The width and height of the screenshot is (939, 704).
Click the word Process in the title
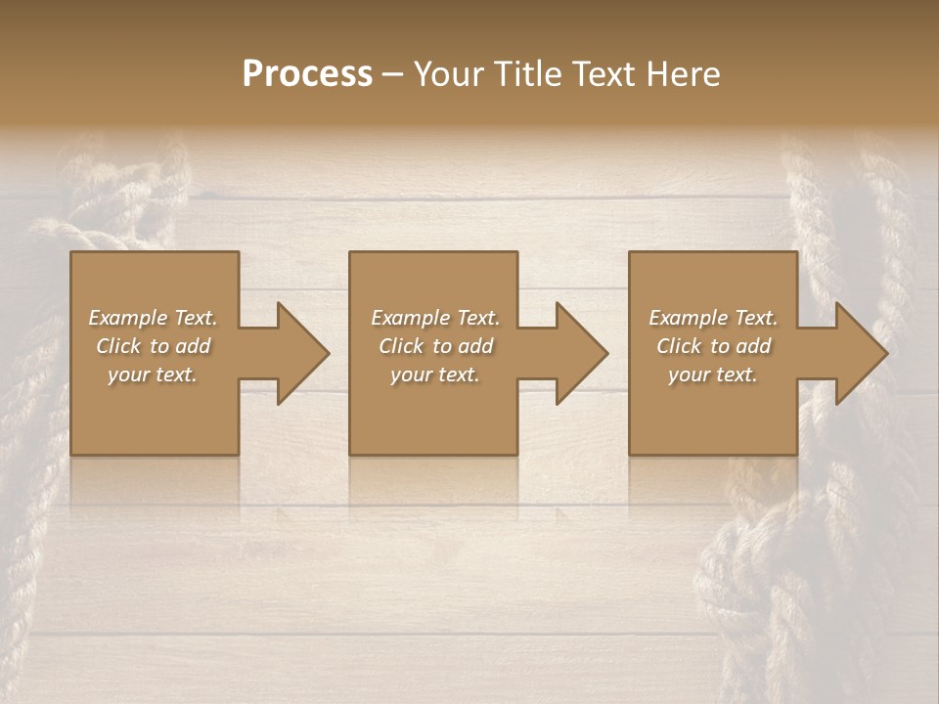[307, 74]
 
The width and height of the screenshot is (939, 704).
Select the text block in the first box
[153, 346]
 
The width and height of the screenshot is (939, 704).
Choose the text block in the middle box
[435, 346]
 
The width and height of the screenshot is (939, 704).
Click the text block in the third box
[713, 346]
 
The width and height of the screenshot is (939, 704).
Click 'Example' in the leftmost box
[126, 318]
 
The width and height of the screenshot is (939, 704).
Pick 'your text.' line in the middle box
[435, 374]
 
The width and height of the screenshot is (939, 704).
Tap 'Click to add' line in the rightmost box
[713, 346]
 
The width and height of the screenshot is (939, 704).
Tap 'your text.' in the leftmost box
[153, 374]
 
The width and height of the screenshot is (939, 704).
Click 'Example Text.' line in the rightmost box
[713, 318]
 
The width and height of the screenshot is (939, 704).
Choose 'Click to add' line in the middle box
[435, 346]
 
